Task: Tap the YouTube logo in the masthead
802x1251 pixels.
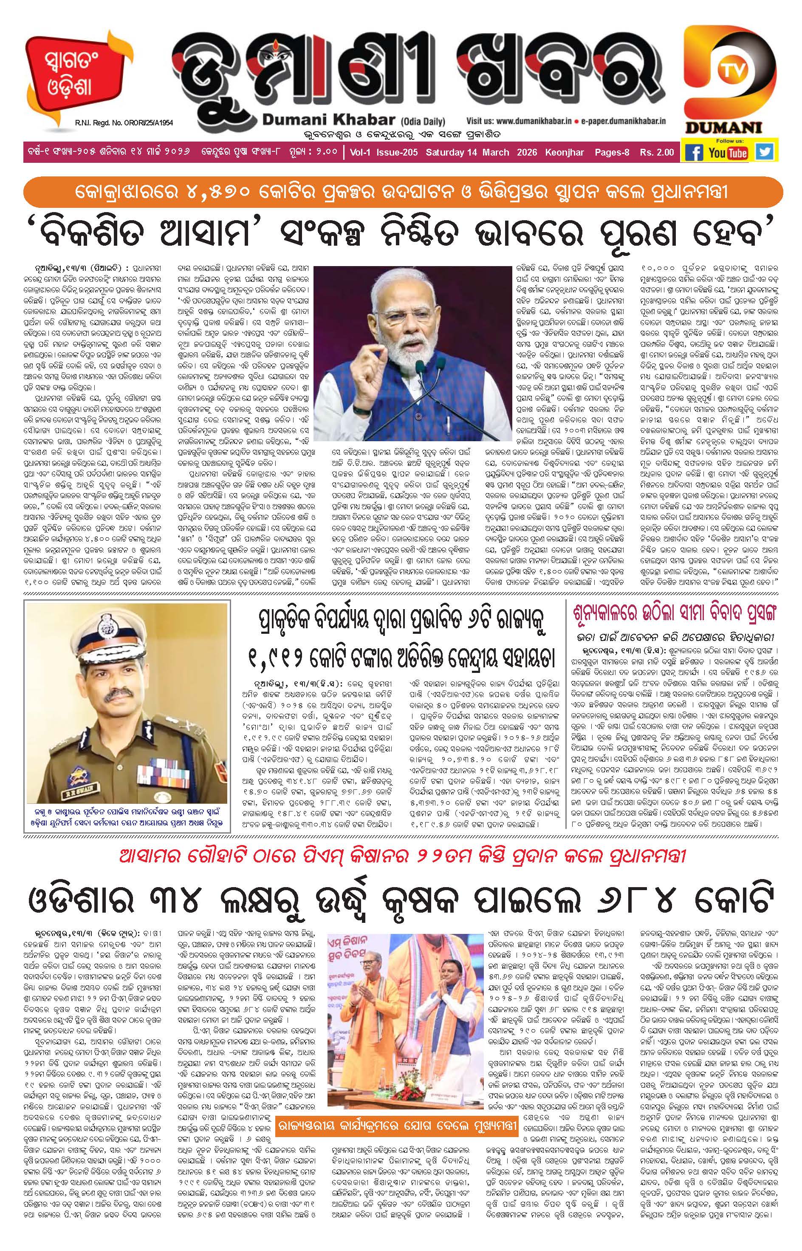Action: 728,153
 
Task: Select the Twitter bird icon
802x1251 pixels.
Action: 764,152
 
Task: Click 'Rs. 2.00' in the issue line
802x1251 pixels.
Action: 657,153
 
